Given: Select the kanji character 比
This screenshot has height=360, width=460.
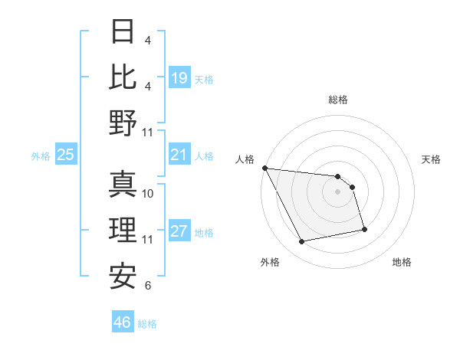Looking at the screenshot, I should coord(123,77).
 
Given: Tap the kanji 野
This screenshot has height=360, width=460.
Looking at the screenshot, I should coord(123,122).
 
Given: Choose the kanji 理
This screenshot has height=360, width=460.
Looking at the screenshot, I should coord(123,229).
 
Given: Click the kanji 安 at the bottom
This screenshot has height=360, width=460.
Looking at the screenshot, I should coord(123,275).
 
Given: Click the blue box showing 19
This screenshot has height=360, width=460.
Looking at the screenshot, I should coord(179,77).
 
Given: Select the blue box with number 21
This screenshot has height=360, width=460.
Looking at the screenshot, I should coord(179,155).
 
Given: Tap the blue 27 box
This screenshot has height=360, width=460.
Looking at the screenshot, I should coord(179,231).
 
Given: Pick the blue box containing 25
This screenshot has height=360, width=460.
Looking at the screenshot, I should coord(66,155).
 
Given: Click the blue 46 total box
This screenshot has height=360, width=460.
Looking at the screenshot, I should coord(122,322).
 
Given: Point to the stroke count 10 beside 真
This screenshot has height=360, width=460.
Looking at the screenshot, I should coord(149,193).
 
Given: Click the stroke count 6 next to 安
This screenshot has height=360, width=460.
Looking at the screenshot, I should coord(148,286).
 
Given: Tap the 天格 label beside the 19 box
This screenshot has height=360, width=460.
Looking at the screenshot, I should coord(204,79).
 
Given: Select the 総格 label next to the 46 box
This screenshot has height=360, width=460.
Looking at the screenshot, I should coord(147,324).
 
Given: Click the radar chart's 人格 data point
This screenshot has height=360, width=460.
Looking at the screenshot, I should coord(265,168).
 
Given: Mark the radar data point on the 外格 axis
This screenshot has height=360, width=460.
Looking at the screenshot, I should coord(302,242).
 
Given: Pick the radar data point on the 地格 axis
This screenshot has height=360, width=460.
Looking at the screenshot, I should coord(364,229).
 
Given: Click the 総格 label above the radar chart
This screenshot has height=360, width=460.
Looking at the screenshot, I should coord(338,100).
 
